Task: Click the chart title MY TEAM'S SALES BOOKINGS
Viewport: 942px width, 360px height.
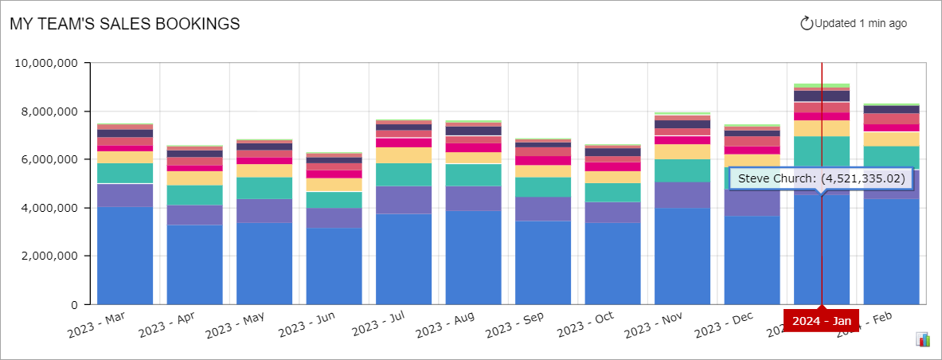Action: [x=125, y=24]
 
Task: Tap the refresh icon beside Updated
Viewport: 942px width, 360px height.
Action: [x=806, y=24]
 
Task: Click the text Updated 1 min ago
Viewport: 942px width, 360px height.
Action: [x=861, y=24]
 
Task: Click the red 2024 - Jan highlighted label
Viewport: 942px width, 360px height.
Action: [x=821, y=320]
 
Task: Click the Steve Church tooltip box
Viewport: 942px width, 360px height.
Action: [x=821, y=179]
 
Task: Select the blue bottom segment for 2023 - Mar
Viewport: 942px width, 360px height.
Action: [x=125, y=255]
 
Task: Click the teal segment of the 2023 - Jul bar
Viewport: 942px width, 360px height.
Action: [x=404, y=174]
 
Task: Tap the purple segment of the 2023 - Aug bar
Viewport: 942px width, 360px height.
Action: [x=473, y=198]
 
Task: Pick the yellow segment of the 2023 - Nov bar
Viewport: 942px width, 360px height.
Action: [x=682, y=151]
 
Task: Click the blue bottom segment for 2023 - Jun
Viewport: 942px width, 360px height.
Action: [x=334, y=266]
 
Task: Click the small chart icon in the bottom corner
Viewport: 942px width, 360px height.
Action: [x=924, y=340]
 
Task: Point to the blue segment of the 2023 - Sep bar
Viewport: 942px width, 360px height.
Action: [x=543, y=262]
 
